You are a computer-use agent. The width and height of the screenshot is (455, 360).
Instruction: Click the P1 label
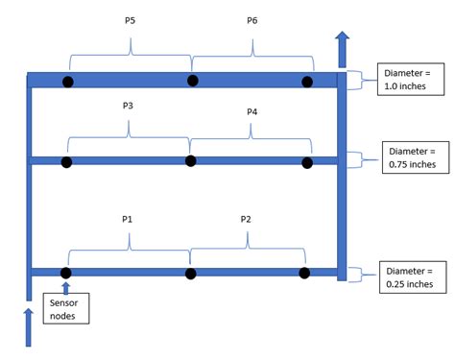127,219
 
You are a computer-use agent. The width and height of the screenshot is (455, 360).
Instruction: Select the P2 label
245,219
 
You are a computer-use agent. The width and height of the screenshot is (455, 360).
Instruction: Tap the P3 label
127,107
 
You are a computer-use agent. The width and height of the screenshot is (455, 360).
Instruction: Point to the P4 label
251,112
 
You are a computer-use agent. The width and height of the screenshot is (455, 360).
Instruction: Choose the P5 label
130,19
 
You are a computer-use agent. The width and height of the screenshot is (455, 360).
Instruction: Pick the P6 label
251,19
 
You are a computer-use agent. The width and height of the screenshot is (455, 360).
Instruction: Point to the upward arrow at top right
343,47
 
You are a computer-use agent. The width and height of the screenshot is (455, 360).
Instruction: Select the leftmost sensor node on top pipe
68,82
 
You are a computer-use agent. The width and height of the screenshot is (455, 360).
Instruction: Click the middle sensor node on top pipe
193,81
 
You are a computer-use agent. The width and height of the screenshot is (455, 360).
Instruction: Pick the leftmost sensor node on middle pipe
66,162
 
